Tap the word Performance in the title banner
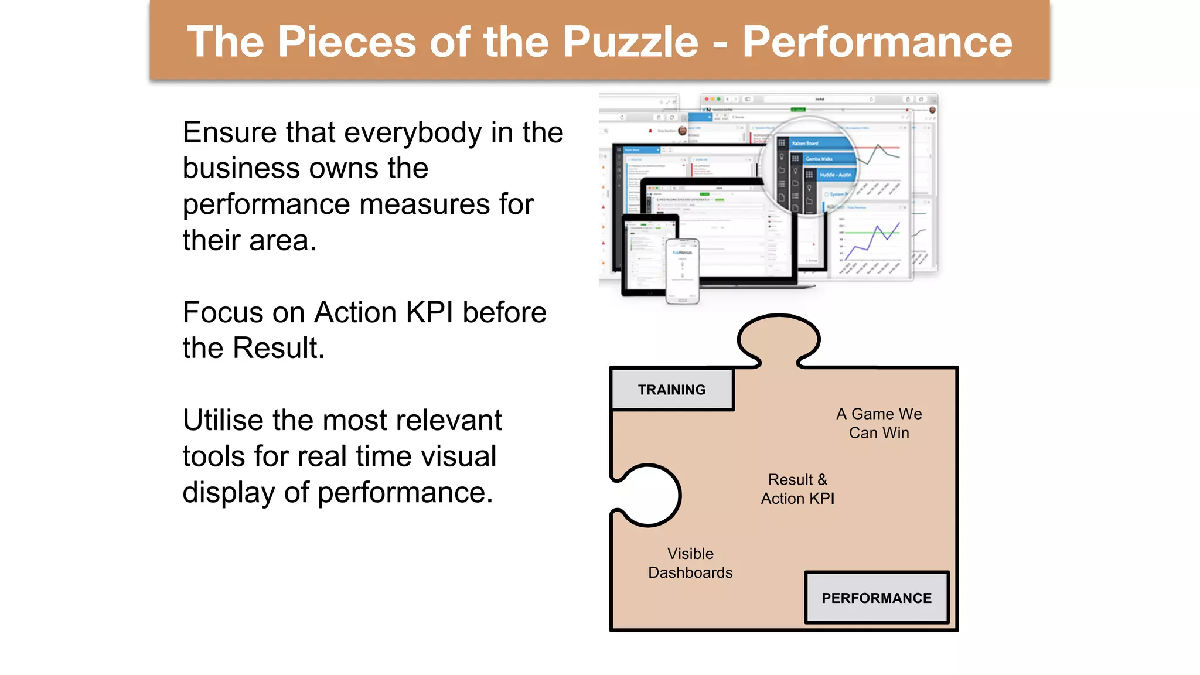(x=877, y=42)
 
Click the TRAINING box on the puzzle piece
(x=671, y=390)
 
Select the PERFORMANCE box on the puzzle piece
(x=876, y=598)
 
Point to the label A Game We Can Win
(x=879, y=423)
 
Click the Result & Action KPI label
(x=797, y=489)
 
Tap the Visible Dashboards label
(x=690, y=562)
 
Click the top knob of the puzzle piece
(x=778, y=339)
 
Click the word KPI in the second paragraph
(x=429, y=312)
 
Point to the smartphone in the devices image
(x=683, y=271)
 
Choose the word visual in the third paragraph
(x=459, y=456)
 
